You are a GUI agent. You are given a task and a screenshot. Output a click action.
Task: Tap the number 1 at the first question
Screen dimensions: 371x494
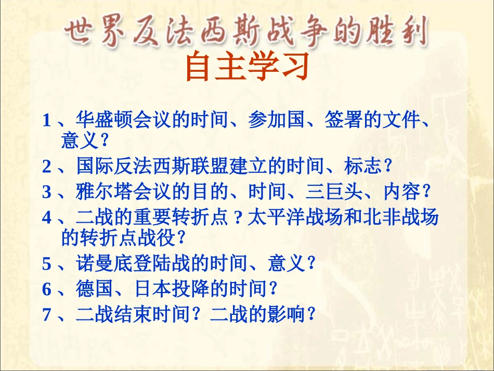(47, 121)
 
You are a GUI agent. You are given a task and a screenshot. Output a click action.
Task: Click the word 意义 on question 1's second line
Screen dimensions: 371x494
(78, 139)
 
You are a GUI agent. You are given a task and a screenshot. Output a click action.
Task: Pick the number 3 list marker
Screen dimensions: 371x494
(47, 192)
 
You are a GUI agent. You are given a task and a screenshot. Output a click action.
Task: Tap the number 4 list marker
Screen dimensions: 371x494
(47, 218)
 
